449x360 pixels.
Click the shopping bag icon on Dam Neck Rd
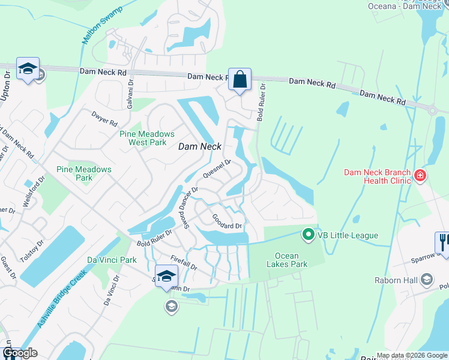point(240,79)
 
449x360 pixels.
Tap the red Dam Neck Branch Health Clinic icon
point(420,175)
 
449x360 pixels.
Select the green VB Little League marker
point(309,235)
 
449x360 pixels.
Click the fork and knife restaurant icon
point(442,242)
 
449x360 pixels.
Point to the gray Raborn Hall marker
point(426,279)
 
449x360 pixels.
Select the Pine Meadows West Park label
point(147,138)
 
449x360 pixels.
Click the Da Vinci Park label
point(109,260)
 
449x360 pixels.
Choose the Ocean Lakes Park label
point(286,260)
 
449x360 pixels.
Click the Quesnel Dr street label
point(217,169)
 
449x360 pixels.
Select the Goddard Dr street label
point(227,221)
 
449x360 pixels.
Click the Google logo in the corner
point(20,353)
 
